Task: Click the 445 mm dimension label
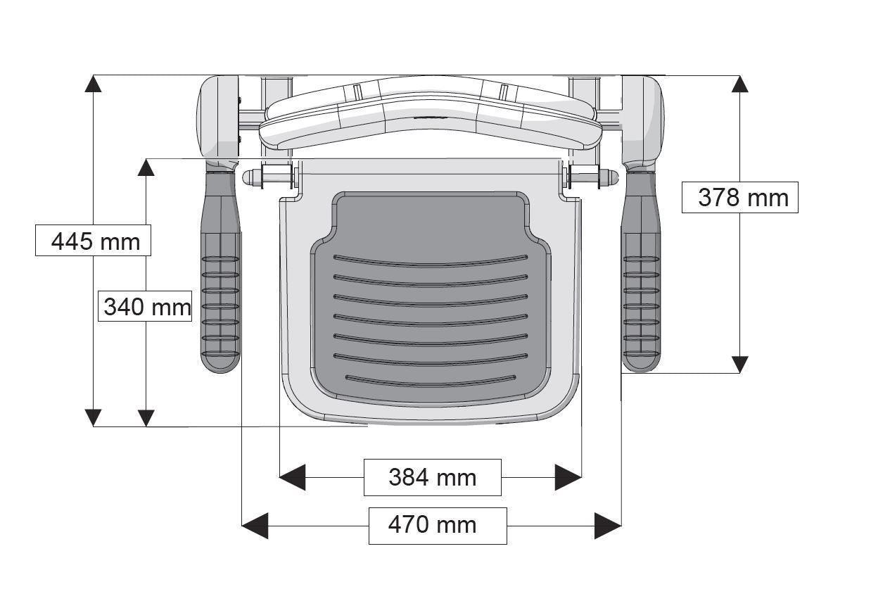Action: pos(94,241)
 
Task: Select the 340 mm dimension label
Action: pos(146,307)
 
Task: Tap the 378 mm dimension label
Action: pos(741,197)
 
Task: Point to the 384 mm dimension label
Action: pos(432,477)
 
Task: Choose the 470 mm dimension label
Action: pos(437,525)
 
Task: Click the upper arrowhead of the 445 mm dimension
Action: pos(93,84)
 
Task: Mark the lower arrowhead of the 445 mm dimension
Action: pos(93,417)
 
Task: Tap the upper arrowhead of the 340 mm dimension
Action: pos(146,167)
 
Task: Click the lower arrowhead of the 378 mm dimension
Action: pos(739,364)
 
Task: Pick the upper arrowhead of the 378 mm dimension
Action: pos(739,84)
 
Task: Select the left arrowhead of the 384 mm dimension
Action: pos(293,477)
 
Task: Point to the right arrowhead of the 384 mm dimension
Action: pos(568,477)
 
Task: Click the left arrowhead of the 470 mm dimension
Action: pos(255,525)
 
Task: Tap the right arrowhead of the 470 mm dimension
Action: pos(608,525)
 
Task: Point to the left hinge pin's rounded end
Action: pos(248,177)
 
